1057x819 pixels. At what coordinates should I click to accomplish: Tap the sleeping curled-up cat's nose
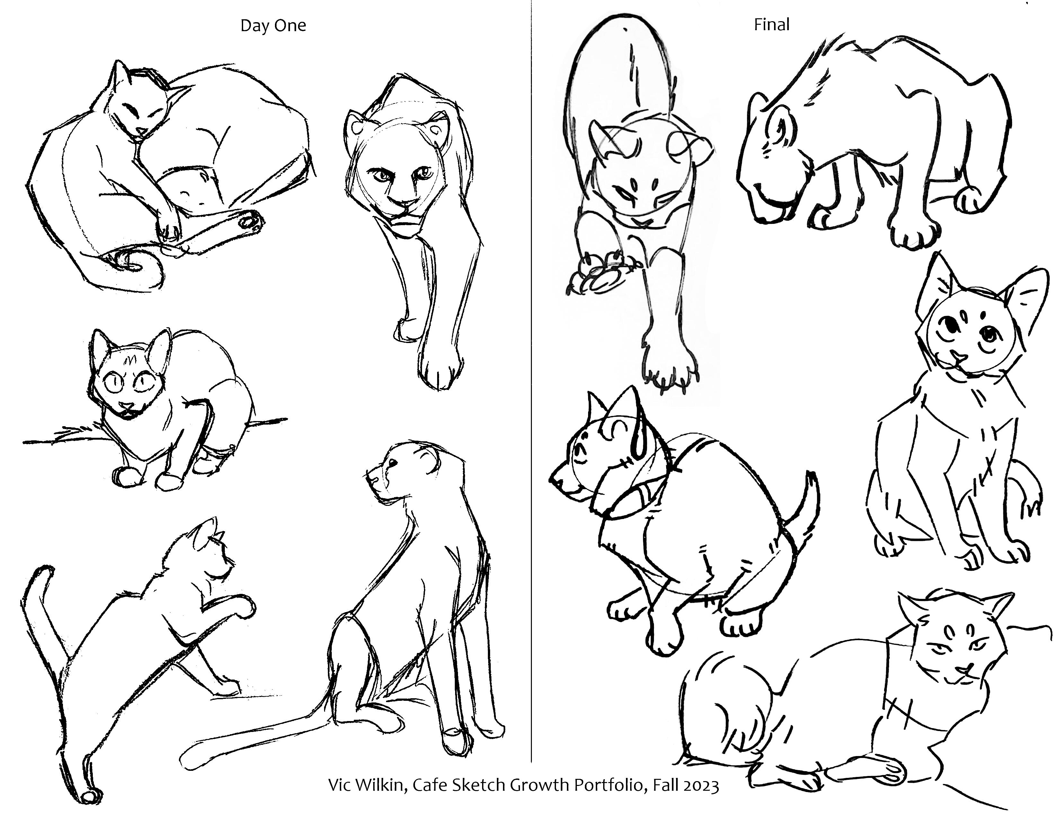140,131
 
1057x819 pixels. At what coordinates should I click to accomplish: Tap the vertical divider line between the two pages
532,387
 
